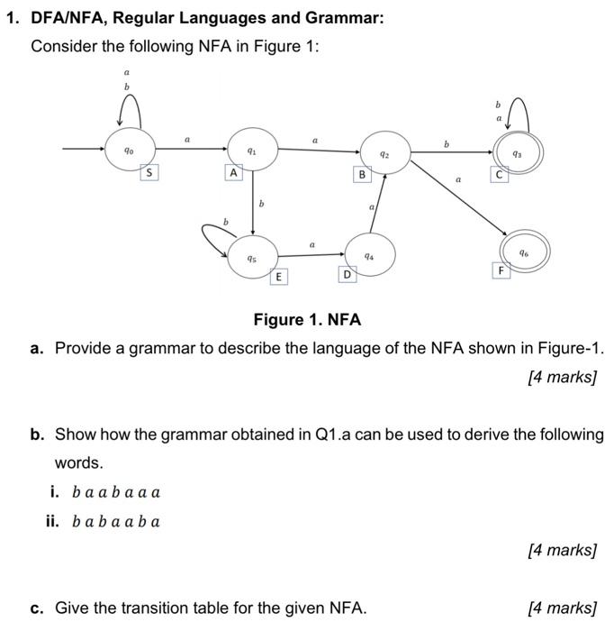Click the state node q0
coord(131,151)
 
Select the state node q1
coord(253,151)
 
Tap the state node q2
coord(384,154)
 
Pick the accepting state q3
coord(516,152)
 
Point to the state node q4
coord(369,255)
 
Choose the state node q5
coord(253,257)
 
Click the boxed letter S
coord(149,172)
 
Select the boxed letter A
coord(233,172)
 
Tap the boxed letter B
coord(362,174)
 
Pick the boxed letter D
coord(346,273)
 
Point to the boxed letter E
coord(279,276)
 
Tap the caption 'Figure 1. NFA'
coord(307,320)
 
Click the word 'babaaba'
coord(116,521)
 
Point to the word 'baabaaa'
coord(116,492)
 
